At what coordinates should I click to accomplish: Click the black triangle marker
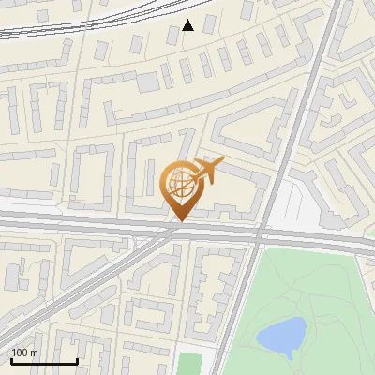point(188,25)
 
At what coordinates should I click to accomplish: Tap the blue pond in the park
point(281,333)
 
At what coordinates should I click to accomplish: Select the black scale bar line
point(43,361)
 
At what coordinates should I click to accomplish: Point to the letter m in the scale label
point(35,352)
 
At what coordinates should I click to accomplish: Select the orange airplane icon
point(208,170)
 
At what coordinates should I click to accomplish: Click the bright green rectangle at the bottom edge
point(190,364)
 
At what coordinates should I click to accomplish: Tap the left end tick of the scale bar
point(10,360)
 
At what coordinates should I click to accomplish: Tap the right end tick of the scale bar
point(77,360)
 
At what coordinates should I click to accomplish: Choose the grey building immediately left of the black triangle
point(172,36)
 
